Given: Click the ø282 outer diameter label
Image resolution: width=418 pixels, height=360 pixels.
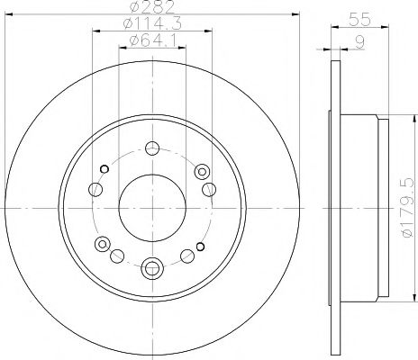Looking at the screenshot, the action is tap(152, 6).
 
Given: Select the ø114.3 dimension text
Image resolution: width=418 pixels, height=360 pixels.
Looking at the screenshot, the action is tap(152, 23).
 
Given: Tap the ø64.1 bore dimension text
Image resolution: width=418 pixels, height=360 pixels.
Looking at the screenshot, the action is tap(152, 40).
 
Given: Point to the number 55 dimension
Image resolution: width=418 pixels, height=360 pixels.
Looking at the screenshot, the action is tap(359, 20).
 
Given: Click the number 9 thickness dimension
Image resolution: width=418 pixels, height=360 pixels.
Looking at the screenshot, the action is tap(359, 42).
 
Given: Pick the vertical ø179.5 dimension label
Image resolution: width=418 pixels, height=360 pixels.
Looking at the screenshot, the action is tap(408, 207).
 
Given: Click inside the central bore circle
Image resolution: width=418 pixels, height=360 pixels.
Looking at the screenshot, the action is tap(152, 208).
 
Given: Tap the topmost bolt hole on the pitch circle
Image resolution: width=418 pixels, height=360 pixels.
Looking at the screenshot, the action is tap(152, 148).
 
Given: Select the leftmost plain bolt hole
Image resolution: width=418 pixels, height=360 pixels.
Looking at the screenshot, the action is tap(95, 189).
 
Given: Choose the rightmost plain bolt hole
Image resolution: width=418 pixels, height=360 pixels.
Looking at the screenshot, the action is tap(209, 189).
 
